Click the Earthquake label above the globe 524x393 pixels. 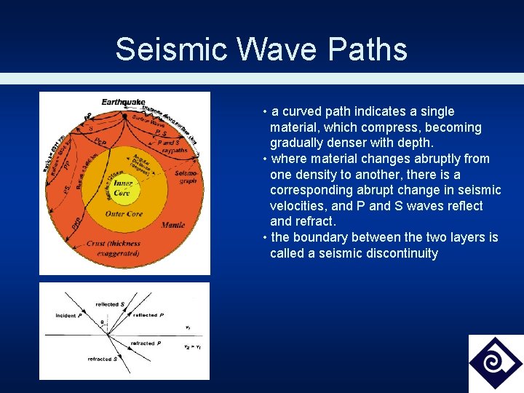pyautogui.click(x=123, y=102)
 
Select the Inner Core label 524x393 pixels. pyautogui.click(x=122, y=188)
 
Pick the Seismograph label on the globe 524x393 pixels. pyautogui.click(x=187, y=177)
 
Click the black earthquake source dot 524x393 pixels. pyautogui.click(x=124, y=111)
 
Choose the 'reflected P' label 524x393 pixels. pyautogui.click(x=145, y=314)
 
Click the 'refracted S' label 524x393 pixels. pyautogui.click(x=100, y=359)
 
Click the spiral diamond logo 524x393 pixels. pyautogui.click(x=495, y=362)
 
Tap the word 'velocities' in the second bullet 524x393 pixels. pyautogui.click(x=298, y=206)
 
